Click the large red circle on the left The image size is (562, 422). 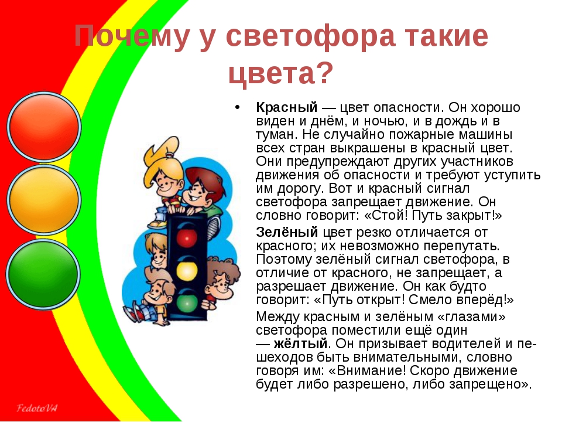point(44,127)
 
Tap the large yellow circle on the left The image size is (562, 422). point(44,200)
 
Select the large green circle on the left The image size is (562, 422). point(43,274)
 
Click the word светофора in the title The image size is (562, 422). point(310,36)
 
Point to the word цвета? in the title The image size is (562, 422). point(280,74)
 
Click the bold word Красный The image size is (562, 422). point(287,107)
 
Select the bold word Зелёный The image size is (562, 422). point(287,232)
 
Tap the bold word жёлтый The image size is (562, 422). point(300,343)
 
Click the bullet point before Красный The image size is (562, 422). point(237,107)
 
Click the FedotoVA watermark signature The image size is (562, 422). point(36,408)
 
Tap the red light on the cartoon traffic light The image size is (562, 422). point(187,236)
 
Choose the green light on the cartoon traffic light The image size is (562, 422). point(186,302)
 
